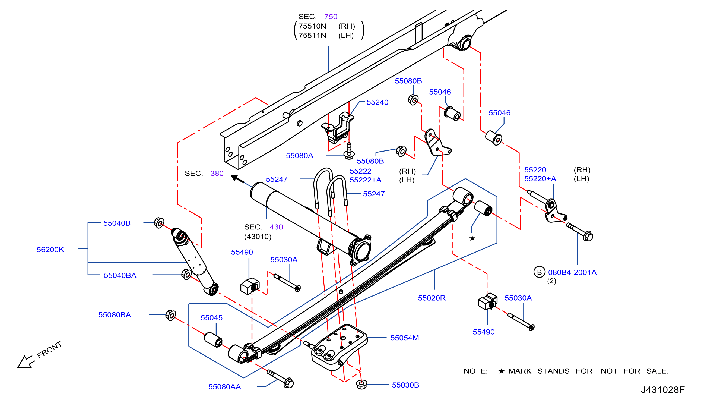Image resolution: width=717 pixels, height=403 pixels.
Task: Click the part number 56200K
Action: point(50,250)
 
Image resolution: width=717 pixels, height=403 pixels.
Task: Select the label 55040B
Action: point(117,223)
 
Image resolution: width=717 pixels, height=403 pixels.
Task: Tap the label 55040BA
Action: point(120,275)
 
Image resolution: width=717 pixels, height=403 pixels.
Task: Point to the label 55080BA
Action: point(115,315)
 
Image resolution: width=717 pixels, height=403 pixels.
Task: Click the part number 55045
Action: point(211,318)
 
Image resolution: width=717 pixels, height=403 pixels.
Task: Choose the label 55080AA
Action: point(225,387)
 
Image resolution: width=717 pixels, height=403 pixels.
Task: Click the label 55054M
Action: point(404,338)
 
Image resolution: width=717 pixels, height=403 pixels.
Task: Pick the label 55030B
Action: point(405,385)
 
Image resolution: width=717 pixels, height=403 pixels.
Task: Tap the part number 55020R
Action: point(432,298)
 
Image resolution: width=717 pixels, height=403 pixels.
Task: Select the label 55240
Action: point(377,102)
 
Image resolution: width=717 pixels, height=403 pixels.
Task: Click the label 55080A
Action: point(300,155)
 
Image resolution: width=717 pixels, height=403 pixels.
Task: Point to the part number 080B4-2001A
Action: point(572,272)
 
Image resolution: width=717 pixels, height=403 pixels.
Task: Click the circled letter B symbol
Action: point(540,272)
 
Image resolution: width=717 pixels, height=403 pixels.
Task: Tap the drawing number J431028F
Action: point(663,390)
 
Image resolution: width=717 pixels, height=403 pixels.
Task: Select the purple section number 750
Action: point(331,17)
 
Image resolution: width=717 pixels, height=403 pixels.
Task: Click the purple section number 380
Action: point(217,174)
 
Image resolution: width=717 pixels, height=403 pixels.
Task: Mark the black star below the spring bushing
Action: point(472,238)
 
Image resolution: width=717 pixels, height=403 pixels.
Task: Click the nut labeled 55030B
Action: point(361,385)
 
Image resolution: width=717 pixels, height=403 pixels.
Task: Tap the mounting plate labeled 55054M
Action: point(339,347)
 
